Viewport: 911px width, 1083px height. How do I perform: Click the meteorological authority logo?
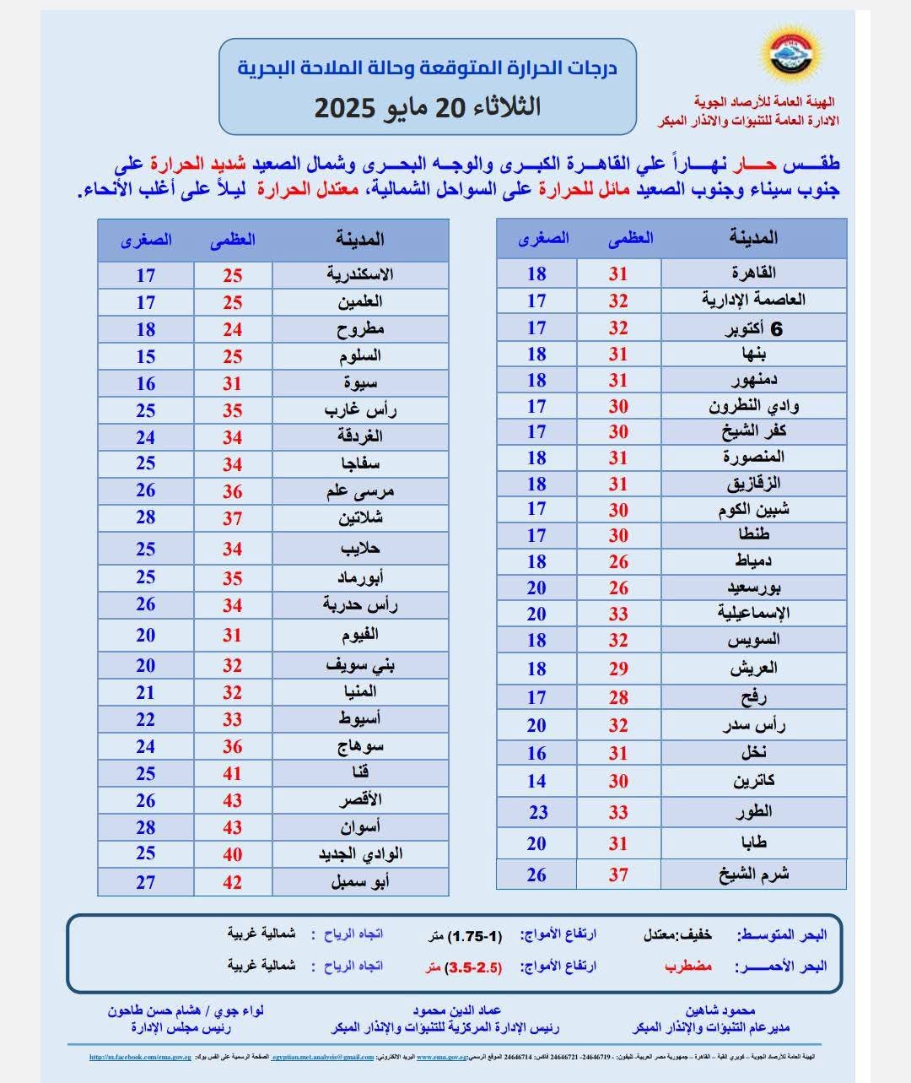click(x=789, y=58)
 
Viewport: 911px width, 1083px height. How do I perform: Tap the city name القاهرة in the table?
click(x=753, y=273)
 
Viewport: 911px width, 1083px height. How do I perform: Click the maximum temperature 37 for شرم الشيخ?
click(x=618, y=875)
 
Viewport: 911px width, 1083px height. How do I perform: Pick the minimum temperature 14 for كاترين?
click(x=536, y=781)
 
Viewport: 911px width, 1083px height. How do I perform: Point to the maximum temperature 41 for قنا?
click(x=233, y=773)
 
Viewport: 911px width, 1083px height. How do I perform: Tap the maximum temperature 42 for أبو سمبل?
click(x=233, y=883)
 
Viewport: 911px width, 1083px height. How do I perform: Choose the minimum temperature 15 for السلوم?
click(x=146, y=356)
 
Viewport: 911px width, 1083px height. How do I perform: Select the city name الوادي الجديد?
click(x=360, y=854)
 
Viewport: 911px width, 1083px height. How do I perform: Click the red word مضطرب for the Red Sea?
click(x=688, y=967)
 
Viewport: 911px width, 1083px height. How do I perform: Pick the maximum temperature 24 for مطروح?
click(x=233, y=329)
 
